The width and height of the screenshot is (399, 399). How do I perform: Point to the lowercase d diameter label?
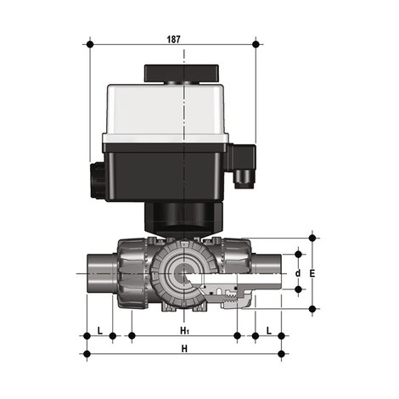297,273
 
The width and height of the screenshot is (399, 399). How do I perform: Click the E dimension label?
312,273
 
